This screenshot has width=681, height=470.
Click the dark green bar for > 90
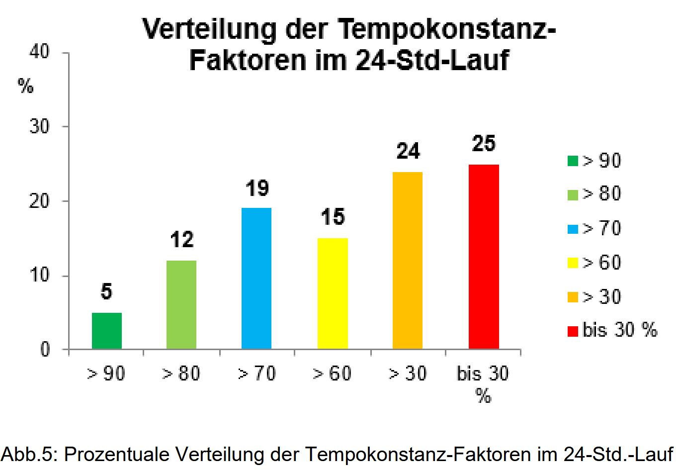tap(107, 331)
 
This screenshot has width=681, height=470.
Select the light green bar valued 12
tap(181, 304)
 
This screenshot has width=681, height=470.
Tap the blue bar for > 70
tap(256, 279)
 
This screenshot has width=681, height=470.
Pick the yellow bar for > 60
tap(333, 293)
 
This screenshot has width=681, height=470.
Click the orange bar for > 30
tap(408, 260)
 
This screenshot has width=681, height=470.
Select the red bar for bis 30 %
tap(484, 257)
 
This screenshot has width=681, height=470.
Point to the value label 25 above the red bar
tap(484, 144)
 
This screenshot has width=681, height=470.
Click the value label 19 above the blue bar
tap(257, 188)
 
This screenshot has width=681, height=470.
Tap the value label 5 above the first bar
tap(106, 292)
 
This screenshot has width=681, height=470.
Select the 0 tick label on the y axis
tap(45, 350)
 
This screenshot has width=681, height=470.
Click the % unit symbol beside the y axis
tap(25, 87)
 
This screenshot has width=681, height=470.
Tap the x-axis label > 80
tap(181, 374)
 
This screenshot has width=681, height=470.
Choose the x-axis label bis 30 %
tap(483, 383)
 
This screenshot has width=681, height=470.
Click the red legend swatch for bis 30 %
tap(573, 331)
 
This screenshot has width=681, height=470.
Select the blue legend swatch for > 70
tap(573, 229)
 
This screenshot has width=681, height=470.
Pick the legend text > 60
tap(601, 263)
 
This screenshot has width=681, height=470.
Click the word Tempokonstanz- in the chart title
tap(447, 30)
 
